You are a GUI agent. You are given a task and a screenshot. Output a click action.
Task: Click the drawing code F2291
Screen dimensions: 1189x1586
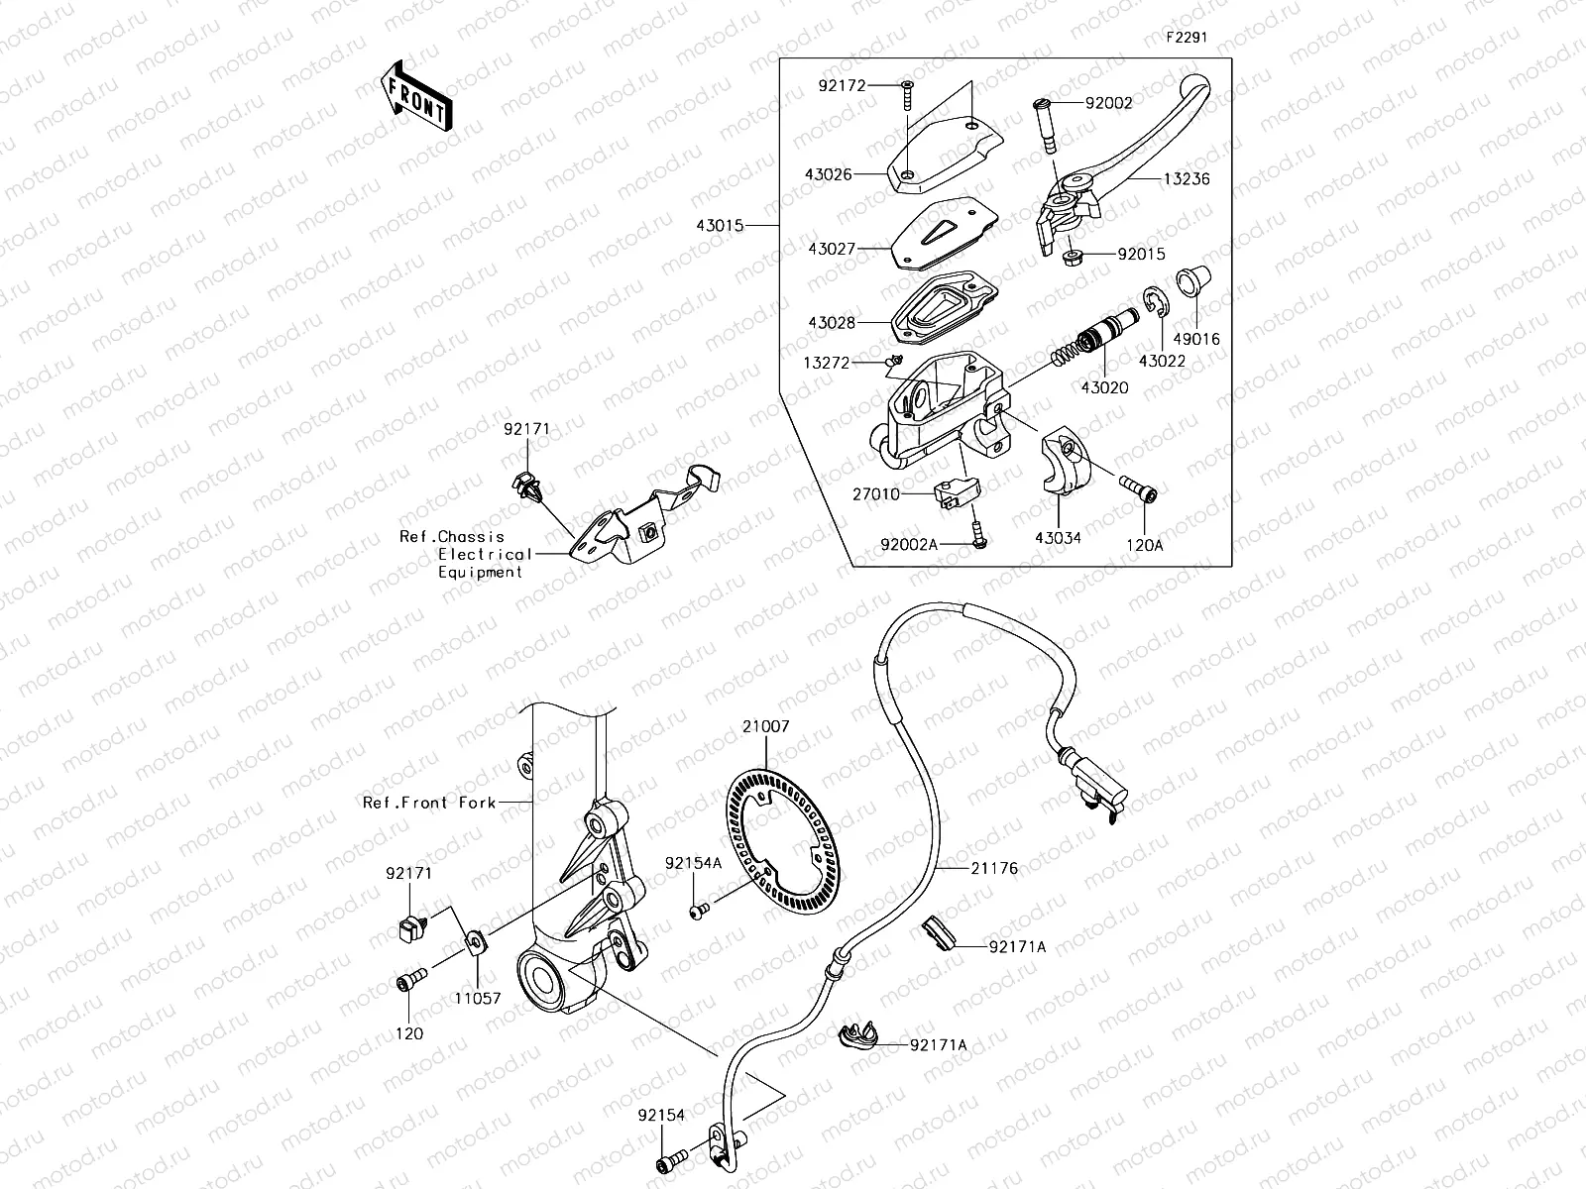point(1187,38)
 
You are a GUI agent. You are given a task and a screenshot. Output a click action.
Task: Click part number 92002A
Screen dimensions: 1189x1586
point(909,544)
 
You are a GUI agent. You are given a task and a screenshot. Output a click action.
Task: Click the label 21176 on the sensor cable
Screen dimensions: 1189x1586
point(994,869)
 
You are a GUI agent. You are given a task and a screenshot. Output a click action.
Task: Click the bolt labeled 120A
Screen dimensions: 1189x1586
point(1140,487)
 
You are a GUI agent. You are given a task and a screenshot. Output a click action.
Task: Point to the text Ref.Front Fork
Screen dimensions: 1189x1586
point(428,803)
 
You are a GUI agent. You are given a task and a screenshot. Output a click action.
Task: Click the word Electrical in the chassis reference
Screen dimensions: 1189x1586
point(485,555)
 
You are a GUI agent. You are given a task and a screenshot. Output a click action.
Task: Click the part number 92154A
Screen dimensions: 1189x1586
point(693,863)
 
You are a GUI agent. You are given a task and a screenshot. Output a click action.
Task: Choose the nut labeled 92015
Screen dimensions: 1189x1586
point(1072,258)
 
